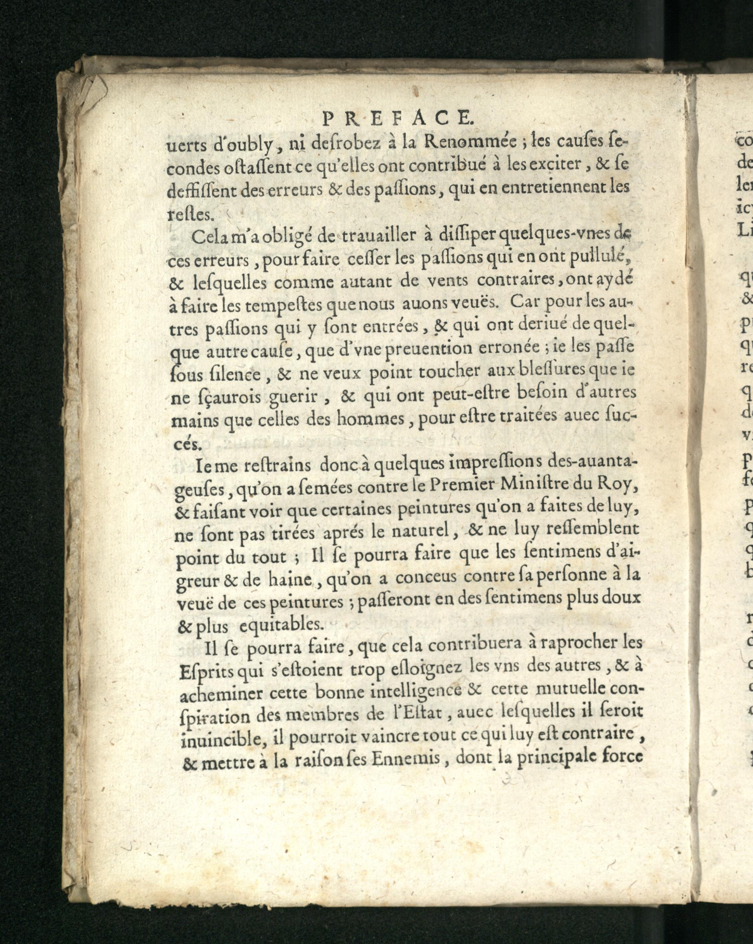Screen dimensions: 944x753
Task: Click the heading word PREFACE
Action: pyautogui.click(x=396, y=118)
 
